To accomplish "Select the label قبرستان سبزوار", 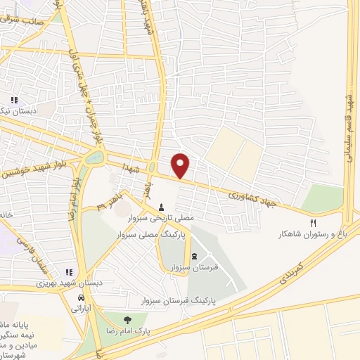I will coord(194,267).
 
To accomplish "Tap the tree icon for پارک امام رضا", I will coord(127,321).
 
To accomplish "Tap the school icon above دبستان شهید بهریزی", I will coord(69,272).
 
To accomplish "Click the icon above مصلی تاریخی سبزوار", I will coord(162,208).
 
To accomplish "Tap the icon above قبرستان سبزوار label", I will coord(194,255).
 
